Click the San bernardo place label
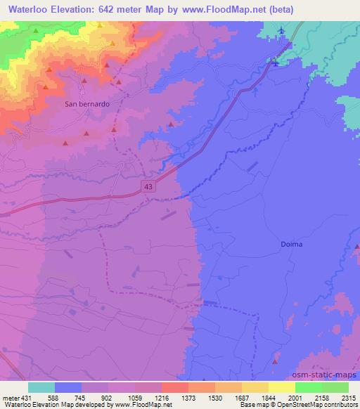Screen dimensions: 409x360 click(x=86, y=104)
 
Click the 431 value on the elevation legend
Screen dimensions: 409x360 click(x=22, y=397)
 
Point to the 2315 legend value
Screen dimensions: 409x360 click(x=349, y=397)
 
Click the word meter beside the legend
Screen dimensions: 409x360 click(x=9, y=397)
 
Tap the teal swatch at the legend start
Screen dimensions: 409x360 click(x=41, y=387)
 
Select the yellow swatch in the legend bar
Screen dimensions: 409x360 click(x=282, y=387)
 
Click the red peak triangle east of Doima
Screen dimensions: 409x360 click(x=356, y=247)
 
